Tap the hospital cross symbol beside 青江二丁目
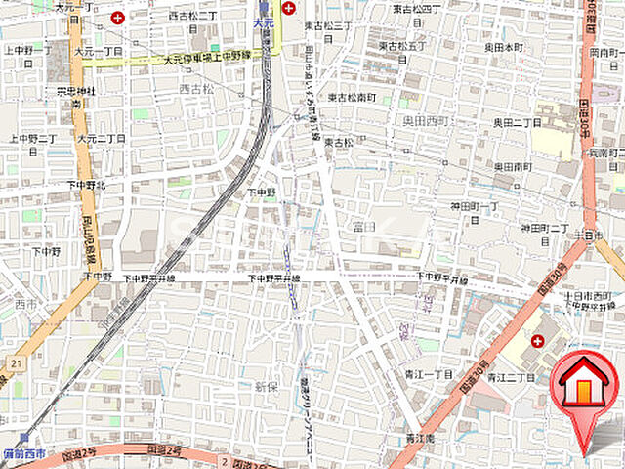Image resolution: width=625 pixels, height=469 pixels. point(538,340)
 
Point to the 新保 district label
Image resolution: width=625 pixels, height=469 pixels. point(267,388)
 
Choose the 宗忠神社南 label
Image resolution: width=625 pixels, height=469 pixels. point(74,96)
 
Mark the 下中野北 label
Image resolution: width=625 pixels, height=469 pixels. point(86,184)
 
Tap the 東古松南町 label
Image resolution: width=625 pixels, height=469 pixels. point(352,98)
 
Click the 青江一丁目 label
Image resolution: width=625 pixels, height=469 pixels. point(430,374)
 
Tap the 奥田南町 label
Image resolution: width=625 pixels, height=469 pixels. point(512,167)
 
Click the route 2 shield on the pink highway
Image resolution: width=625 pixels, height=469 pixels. point(224,459)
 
